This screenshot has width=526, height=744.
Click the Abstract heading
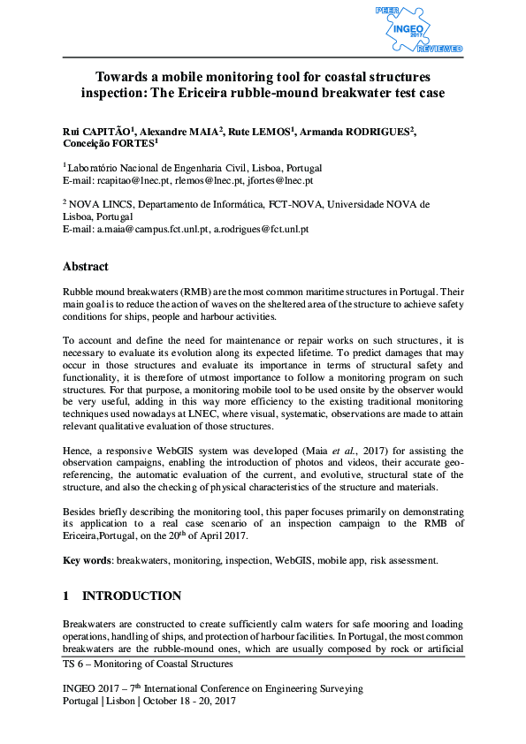[86, 266]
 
